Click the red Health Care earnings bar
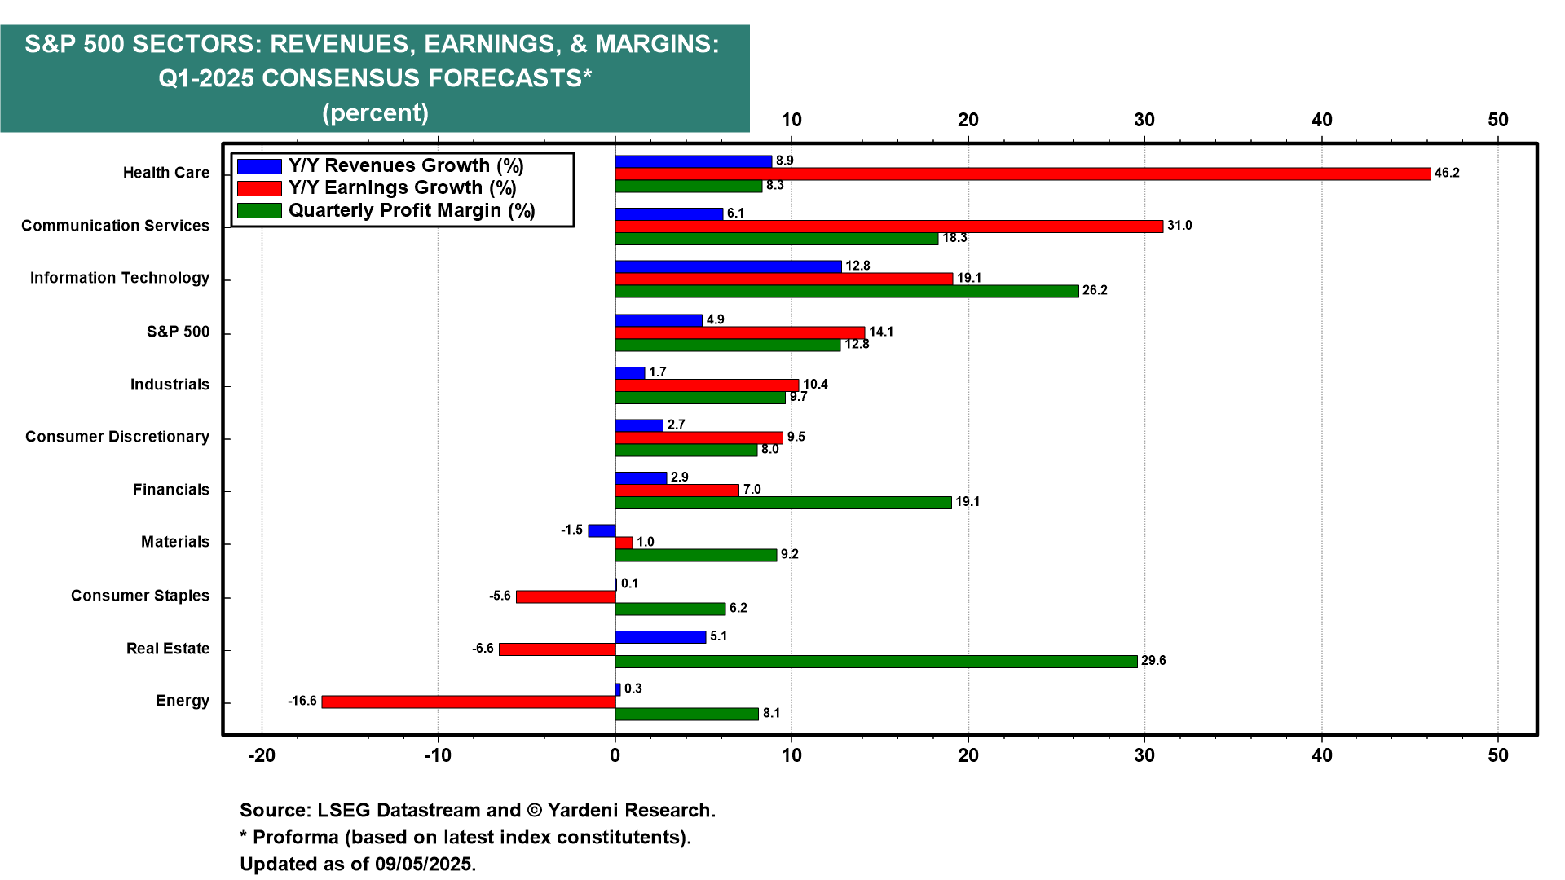click(x=1022, y=174)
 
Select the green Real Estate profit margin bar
click(x=875, y=662)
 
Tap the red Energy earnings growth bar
click(x=468, y=702)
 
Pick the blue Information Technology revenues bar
click(x=728, y=266)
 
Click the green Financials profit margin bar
click(x=782, y=503)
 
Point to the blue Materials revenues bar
click(x=602, y=530)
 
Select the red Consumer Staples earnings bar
click(x=566, y=596)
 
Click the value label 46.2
click(x=1447, y=174)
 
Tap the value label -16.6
click(x=302, y=702)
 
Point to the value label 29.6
click(x=1153, y=661)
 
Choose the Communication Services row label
click(x=115, y=226)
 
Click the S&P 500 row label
click(x=178, y=332)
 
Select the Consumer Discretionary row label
click(x=117, y=437)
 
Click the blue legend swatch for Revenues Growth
click(x=259, y=166)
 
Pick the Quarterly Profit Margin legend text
click(x=412, y=211)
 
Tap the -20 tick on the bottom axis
click(x=262, y=755)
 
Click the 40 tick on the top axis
click(x=1321, y=120)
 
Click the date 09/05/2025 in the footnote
click(x=424, y=864)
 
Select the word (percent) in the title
click(x=375, y=112)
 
